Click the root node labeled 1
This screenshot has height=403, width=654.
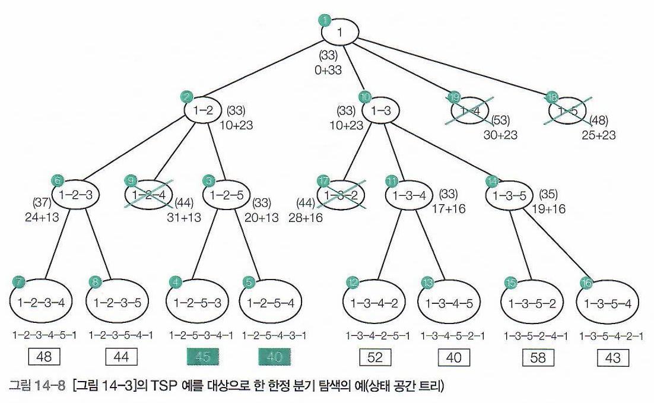(x=339, y=33)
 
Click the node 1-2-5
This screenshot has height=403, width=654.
(x=224, y=194)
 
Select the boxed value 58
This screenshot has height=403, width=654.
(x=538, y=357)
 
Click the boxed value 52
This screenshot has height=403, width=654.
(x=375, y=357)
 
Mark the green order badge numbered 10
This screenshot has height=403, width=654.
(x=366, y=96)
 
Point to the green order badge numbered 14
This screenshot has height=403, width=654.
(x=492, y=180)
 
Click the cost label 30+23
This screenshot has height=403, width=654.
(x=500, y=135)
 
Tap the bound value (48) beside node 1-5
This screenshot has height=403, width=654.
(x=597, y=122)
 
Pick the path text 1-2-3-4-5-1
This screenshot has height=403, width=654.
(x=45, y=336)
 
